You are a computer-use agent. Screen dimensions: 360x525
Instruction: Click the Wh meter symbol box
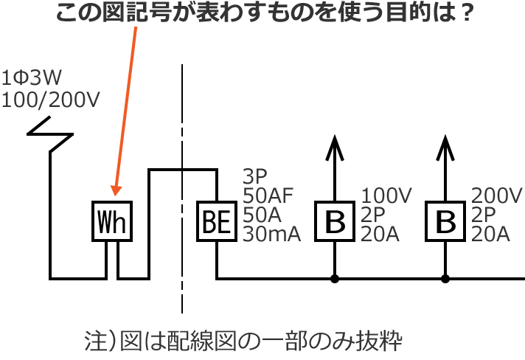[113, 221]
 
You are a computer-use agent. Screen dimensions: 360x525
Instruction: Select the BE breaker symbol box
[216, 221]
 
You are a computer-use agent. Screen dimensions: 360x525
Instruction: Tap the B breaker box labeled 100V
[335, 221]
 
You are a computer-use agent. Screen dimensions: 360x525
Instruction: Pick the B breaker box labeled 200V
[445, 221]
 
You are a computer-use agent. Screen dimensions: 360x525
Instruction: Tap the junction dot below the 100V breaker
[335, 279]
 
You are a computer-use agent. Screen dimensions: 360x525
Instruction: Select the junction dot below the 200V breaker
[445, 279]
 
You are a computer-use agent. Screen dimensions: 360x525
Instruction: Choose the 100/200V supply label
[51, 99]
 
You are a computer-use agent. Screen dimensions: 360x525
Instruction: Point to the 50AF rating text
[268, 196]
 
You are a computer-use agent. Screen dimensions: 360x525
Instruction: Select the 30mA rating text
[271, 235]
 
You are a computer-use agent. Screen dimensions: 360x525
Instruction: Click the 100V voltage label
[386, 196]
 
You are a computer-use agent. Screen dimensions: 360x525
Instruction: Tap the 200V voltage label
[497, 196]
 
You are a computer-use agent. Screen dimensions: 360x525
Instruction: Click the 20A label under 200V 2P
[490, 235]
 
